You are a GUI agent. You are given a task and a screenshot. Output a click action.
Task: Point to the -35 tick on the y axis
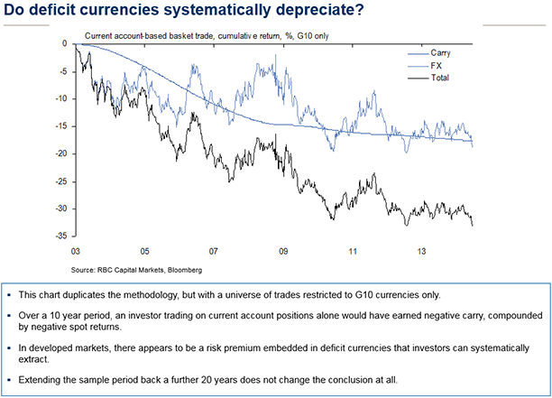pyautogui.click(x=65, y=236)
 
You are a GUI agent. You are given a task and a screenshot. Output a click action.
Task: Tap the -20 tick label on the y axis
pyautogui.click(x=65, y=153)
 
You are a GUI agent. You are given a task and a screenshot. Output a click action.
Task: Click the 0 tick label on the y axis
pyautogui.click(x=69, y=43)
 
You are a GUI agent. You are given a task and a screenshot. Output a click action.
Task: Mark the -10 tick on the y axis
pyautogui.click(x=65, y=98)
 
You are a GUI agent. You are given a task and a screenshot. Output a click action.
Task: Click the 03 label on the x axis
pyautogui.click(x=77, y=251)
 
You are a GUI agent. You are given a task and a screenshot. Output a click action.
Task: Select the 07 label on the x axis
pyautogui.click(x=213, y=251)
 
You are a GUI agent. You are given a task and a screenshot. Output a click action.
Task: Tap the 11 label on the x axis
pyautogui.click(x=352, y=251)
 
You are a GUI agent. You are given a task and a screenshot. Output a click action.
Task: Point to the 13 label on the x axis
pyautogui.click(x=420, y=251)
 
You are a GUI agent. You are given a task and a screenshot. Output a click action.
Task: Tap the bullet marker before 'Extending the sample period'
pyautogui.click(x=19, y=379)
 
